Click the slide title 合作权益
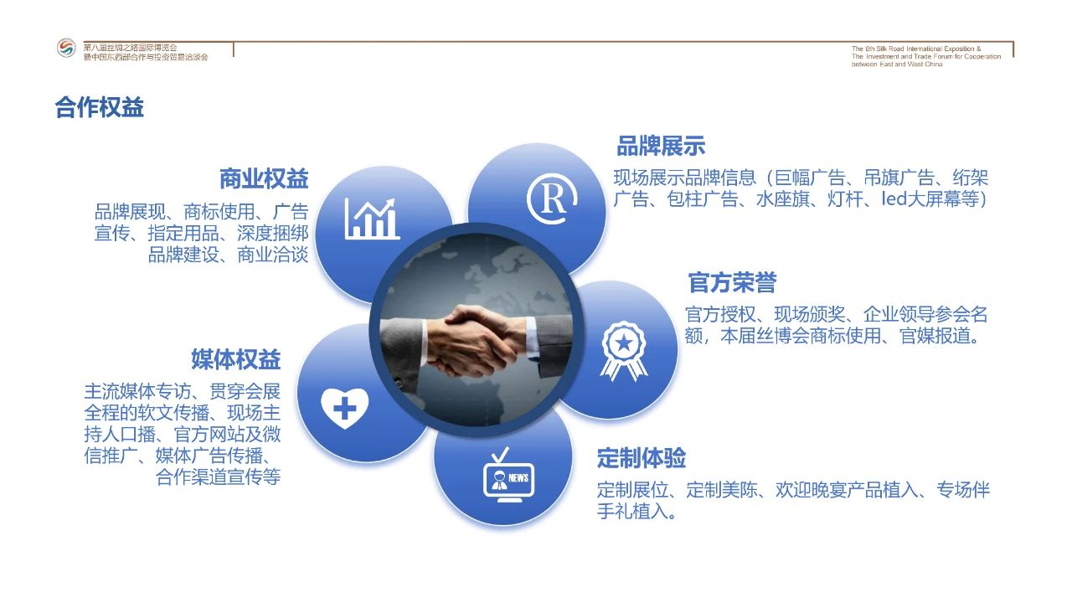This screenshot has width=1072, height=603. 100,107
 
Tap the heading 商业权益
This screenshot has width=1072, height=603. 264,179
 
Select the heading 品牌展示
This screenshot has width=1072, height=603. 661,146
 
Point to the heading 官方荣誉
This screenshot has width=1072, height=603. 732,282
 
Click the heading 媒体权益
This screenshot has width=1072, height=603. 236,359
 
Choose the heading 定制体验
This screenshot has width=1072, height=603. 642,458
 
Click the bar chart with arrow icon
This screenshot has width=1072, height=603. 372,219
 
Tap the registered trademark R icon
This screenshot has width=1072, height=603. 552,198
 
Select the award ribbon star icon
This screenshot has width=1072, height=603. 624,351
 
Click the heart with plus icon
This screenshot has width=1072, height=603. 344,408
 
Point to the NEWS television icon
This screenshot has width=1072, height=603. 508,475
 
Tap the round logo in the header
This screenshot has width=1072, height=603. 66,48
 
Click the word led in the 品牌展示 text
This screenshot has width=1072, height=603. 894,198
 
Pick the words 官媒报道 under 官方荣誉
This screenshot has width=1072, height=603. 935,336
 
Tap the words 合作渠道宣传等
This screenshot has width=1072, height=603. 219,477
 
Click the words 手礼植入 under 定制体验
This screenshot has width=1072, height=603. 632,512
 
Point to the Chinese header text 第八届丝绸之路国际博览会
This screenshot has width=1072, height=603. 130,48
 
